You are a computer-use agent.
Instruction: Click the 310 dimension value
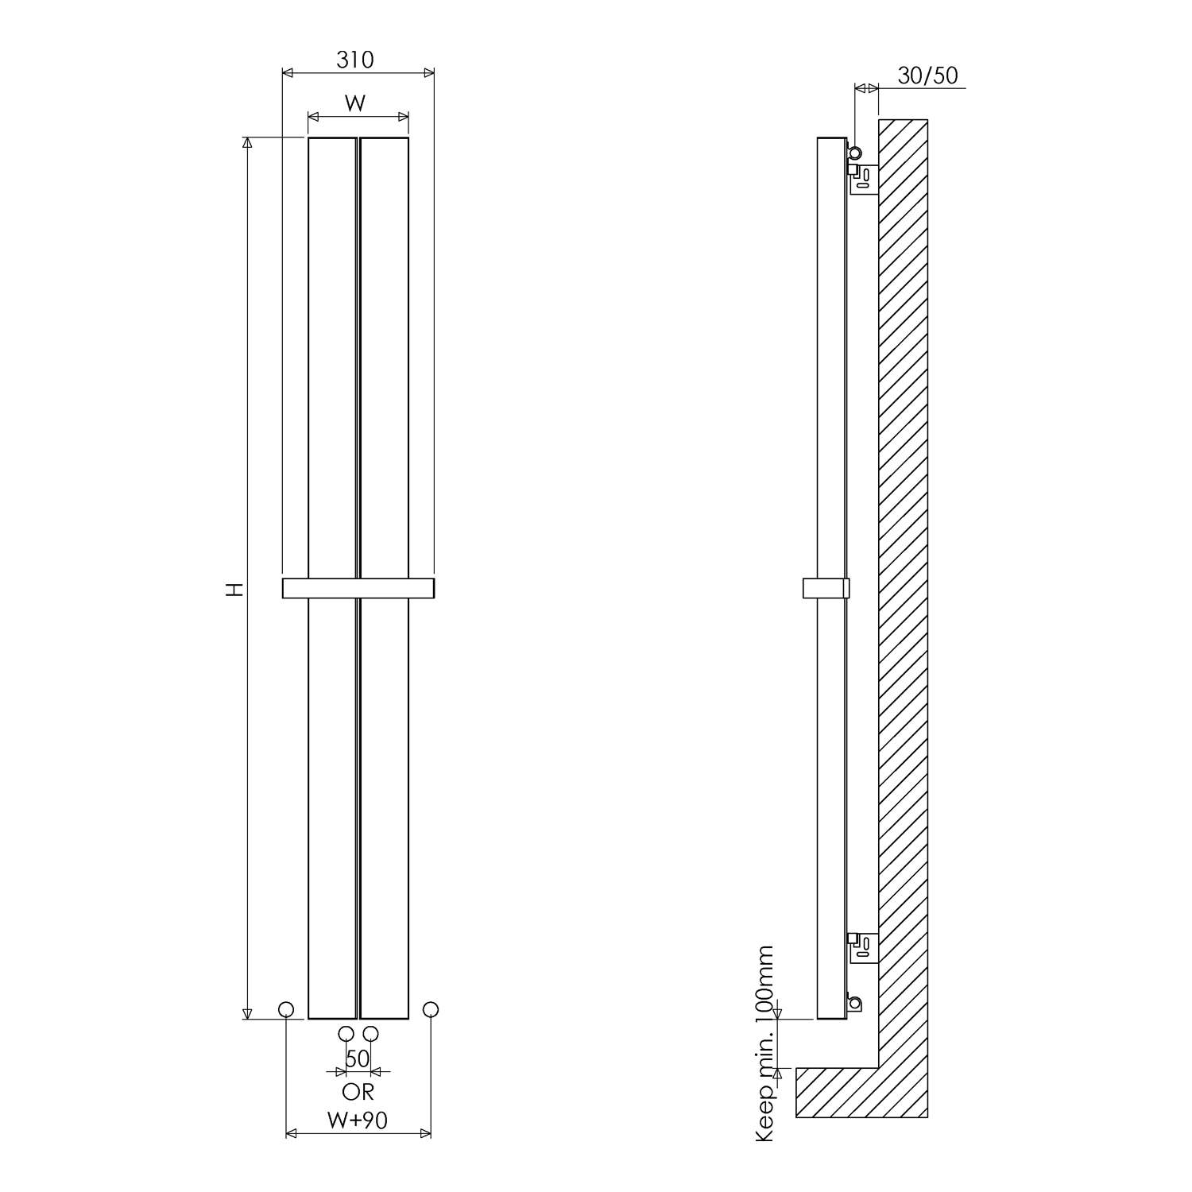point(354,60)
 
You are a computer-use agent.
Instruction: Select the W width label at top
point(355,103)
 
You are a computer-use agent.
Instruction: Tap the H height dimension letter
point(233,589)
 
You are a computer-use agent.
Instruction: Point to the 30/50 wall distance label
point(927,75)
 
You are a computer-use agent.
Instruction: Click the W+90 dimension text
point(358,1120)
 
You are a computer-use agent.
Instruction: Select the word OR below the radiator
point(358,1092)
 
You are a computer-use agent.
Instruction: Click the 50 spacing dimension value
point(358,1059)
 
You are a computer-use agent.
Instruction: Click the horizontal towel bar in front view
point(358,588)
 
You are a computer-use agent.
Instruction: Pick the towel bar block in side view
point(826,588)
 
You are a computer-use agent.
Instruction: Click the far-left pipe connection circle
point(286,1009)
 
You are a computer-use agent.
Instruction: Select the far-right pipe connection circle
point(431,1009)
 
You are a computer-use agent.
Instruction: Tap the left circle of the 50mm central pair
point(346,1034)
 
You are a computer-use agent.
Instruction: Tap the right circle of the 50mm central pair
point(371,1034)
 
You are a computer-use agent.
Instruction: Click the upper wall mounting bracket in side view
point(865,179)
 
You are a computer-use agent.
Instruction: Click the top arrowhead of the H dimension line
point(247,142)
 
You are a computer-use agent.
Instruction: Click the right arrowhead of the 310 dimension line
point(429,73)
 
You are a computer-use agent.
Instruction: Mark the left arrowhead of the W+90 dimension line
point(291,1133)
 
